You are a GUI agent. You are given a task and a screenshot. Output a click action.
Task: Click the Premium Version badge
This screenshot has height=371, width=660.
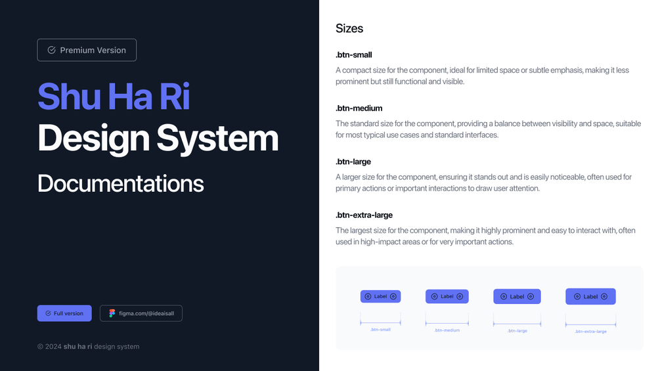coord(87,50)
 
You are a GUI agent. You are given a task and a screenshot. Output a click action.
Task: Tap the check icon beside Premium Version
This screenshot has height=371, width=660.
coord(51,50)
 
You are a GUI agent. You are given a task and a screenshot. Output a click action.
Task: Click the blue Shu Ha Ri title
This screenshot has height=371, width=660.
coord(114,97)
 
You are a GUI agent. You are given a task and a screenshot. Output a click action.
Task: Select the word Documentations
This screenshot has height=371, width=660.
coord(121,183)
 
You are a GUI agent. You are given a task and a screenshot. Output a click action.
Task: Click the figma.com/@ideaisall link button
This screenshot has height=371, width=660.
coord(141,313)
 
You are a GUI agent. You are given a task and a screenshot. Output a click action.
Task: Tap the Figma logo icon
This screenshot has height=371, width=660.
coord(112,313)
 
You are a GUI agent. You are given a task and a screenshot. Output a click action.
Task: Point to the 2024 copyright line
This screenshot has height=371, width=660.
coord(89,347)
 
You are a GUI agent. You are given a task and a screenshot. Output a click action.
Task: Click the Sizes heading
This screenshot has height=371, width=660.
coord(349,28)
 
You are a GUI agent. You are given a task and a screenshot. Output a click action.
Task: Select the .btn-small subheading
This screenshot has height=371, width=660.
coord(353,55)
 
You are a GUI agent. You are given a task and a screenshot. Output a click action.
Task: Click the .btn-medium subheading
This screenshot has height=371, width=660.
coord(359,108)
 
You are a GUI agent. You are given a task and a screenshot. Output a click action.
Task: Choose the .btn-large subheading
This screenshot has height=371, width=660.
coord(353,162)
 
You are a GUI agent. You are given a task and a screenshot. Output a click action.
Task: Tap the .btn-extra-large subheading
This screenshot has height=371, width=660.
coord(364,215)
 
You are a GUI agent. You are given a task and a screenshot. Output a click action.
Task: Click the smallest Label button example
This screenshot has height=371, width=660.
coord(380,297)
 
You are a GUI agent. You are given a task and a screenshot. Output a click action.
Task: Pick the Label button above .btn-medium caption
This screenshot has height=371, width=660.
coord(447,297)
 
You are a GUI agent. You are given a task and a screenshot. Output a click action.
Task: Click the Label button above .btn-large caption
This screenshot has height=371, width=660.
coord(517,297)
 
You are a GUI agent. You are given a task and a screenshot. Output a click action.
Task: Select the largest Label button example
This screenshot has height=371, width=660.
coord(590,297)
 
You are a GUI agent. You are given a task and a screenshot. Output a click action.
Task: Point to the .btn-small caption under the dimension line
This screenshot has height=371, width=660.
coord(380,330)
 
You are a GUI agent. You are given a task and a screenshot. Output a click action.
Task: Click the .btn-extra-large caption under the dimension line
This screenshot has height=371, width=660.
coord(590,332)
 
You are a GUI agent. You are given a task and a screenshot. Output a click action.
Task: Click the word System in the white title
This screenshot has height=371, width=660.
coord(217,139)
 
